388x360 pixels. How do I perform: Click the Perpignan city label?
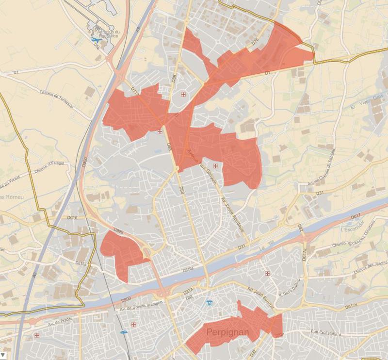coord(227,333)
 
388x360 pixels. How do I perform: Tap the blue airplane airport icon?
coord(94,40)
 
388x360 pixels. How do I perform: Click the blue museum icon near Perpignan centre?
coord(209,303)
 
